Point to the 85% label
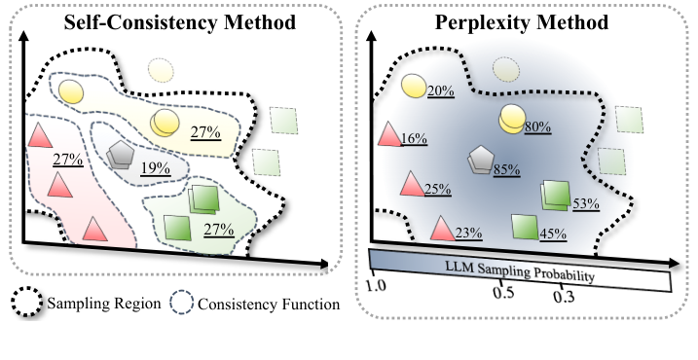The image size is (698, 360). coord(504,169)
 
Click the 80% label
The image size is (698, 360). coord(537,126)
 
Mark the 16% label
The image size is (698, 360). coord(414,139)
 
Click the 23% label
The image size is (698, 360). coord(469,233)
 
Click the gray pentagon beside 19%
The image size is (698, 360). coord(122,157)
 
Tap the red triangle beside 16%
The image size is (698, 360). coord(388,136)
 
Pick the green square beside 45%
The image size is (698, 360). coord(525,227)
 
